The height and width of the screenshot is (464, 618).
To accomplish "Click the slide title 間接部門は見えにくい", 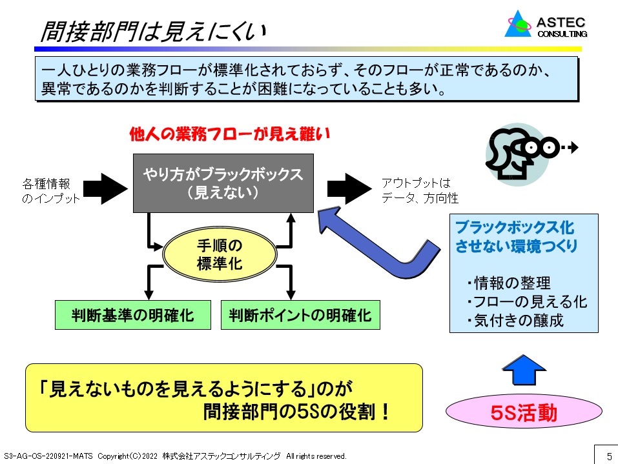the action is (x=153, y=31).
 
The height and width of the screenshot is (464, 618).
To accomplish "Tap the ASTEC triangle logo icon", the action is (x=518, y=25).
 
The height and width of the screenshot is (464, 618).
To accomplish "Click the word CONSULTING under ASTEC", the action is (x=562, y=34).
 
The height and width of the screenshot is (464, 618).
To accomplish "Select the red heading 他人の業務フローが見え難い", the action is (x=230, y=134).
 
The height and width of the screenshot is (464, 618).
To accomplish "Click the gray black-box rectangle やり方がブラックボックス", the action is (x=223, y=183).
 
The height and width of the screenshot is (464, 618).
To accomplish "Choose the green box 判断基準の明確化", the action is (x=133, y=315).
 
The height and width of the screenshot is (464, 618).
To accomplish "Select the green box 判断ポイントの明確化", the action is (x=300, y=315).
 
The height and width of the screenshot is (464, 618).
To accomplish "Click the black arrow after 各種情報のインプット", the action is (x=105, y=188).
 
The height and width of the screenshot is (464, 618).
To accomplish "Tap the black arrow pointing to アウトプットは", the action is (x=349, y=188).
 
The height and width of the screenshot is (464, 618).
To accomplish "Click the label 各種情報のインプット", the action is (x=51, y=190).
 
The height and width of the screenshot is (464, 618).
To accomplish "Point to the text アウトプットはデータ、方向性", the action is (x=420, y=190).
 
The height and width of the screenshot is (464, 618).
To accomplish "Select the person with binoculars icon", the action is (x=531, y=154).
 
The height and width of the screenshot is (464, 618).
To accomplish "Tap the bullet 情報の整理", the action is (x=508, y=283).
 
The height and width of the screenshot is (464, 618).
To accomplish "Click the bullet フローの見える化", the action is (x=527, y=302).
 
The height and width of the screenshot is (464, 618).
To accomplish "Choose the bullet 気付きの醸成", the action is (x=515, y=321).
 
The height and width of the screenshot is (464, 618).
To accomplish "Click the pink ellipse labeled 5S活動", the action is (x=524, y=412).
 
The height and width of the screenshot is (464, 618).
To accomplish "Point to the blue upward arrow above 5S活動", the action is (x=524, y=370).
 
